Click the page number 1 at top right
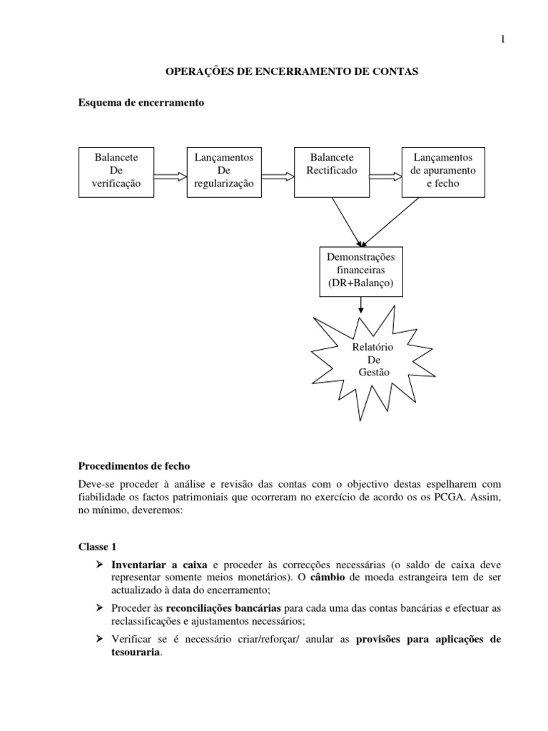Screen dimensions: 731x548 point(502,39)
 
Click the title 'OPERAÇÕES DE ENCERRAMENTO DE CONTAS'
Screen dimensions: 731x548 point(291,72)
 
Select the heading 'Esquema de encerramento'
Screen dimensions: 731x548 point(141,103)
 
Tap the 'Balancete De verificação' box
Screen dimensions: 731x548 point(116,171)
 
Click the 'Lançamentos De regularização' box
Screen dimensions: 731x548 point(224,171)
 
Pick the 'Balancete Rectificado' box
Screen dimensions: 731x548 point(331,171)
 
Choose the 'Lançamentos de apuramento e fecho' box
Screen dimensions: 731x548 point(443,171)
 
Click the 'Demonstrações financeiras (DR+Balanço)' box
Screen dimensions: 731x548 point(360,269)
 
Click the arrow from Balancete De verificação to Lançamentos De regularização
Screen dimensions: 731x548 point(170,176)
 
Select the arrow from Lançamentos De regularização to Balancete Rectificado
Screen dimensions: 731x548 point(278,176)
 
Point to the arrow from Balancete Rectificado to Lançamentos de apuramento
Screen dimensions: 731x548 point(385,176)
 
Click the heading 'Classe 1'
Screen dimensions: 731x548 point(96,547)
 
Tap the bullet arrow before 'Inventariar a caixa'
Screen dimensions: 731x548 point(101,565)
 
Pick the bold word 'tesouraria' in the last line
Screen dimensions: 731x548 point(136,652)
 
